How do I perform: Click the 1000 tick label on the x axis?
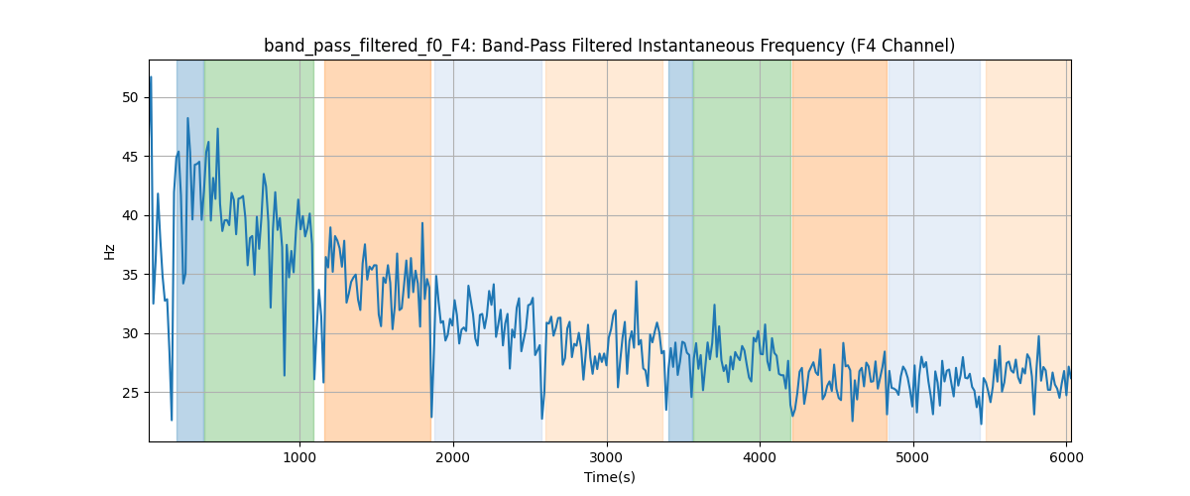click(299, 456)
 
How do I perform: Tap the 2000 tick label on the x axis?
click(453, 456)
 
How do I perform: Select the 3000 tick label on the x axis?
click(606, 456)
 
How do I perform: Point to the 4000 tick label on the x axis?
click(760, 456)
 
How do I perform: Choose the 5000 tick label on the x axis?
click(912, 456)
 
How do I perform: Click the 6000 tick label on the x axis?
click(1066, 456)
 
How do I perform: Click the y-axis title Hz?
click(109, 252)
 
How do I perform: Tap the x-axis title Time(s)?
click(610, 477)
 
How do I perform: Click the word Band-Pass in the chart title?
click(496, 46)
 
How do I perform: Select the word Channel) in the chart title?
click(919, 46)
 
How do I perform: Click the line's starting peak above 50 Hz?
click(151, 76)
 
